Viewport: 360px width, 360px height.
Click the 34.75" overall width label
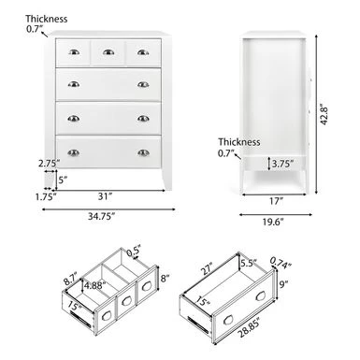(x=101, y=216)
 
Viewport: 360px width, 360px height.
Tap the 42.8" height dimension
(x=324, y=115)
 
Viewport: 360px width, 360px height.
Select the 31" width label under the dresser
(x=105, y=196)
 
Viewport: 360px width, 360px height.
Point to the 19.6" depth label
(x=272, y=222)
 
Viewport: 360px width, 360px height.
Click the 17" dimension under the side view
(x=276, y=201)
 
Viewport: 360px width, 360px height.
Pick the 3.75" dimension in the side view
(x=282, y=164)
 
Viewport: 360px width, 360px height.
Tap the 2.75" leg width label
(x=50, y=164)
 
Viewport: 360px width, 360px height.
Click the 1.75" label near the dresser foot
(x=46, y=197)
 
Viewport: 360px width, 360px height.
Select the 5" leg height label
(x=63, y=180)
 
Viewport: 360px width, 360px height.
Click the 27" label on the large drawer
(x=206, y=269)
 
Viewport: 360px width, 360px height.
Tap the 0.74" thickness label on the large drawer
(x=281, y=262)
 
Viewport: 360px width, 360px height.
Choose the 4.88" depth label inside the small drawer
(x=95, y=285)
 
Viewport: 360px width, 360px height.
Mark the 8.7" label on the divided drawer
(x=71, y=280)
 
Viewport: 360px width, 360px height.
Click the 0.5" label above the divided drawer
(x=134, y=252)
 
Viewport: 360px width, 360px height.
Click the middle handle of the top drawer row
(x=108, y=52)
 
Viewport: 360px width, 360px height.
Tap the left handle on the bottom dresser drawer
(x=74, y=152)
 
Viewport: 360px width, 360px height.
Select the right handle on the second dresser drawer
(x=143, y=84)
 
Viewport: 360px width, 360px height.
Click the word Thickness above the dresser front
(x=47, y=19)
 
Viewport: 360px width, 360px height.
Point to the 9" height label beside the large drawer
(x=283, y=284)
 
